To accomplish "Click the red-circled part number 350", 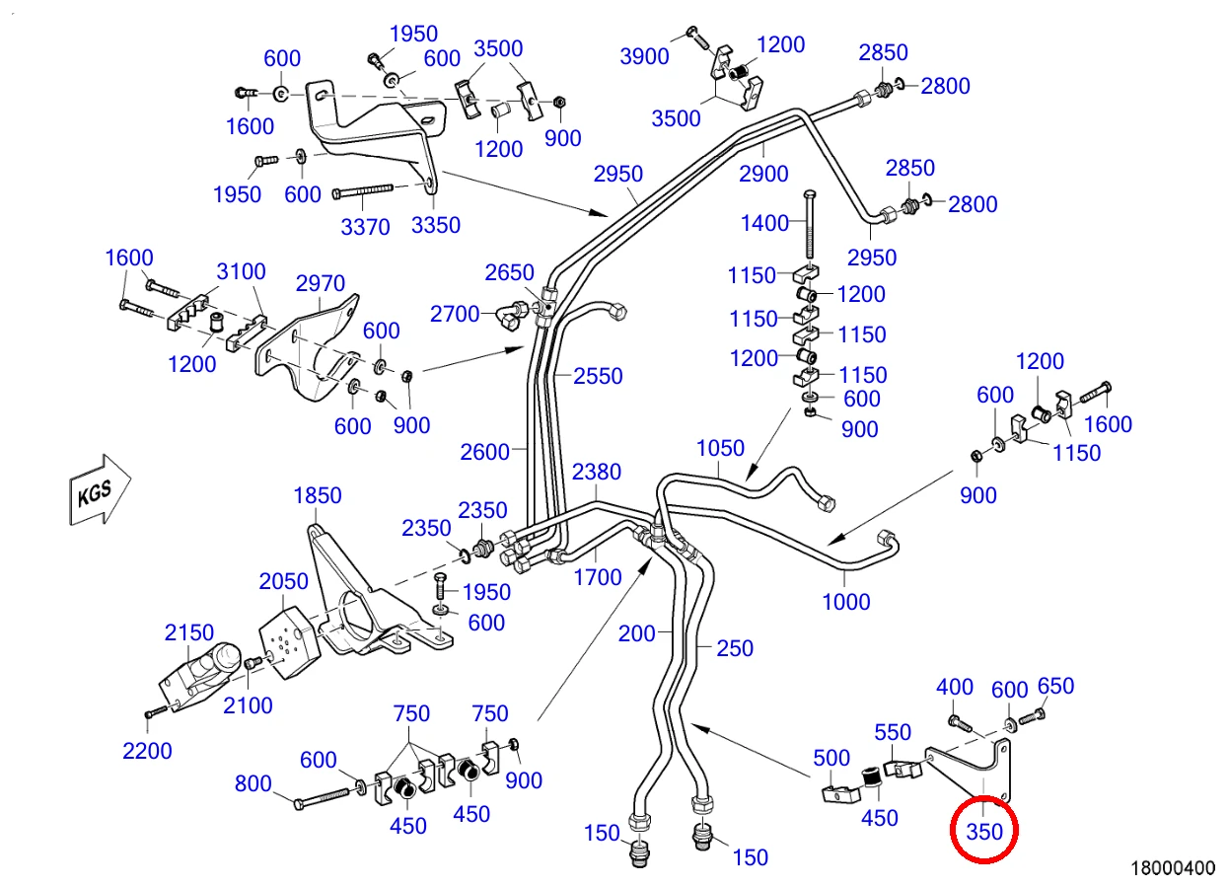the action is [x=984, y=832].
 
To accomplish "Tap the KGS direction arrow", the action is [x=100, y=489].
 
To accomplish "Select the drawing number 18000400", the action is [x=1173, y=868].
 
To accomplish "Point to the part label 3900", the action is [x=644, y=56].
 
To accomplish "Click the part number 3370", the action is [x=365, y=227].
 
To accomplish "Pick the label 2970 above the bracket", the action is [x=321, y=283].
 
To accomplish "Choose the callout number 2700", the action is [x=455, y=315].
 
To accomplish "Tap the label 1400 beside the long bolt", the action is [x=764, y=223].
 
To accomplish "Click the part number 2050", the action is [x=283, y=581].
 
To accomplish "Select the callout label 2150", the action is [x=189, y=633].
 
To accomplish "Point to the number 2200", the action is [x=147, y=751].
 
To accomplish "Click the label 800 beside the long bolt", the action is [x=253, y=783].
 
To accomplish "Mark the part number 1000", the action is [x=846, y=602].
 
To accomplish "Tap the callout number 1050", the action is [x=720, y=449].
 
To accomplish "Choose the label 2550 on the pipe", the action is [x=598, y=376].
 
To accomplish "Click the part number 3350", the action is [x=435, y=226].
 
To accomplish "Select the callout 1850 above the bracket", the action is [x=318, y=496].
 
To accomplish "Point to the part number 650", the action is [x=1055, y=687].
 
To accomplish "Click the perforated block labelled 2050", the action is [x=289, y=642].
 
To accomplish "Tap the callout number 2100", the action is [x=248, y=705].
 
